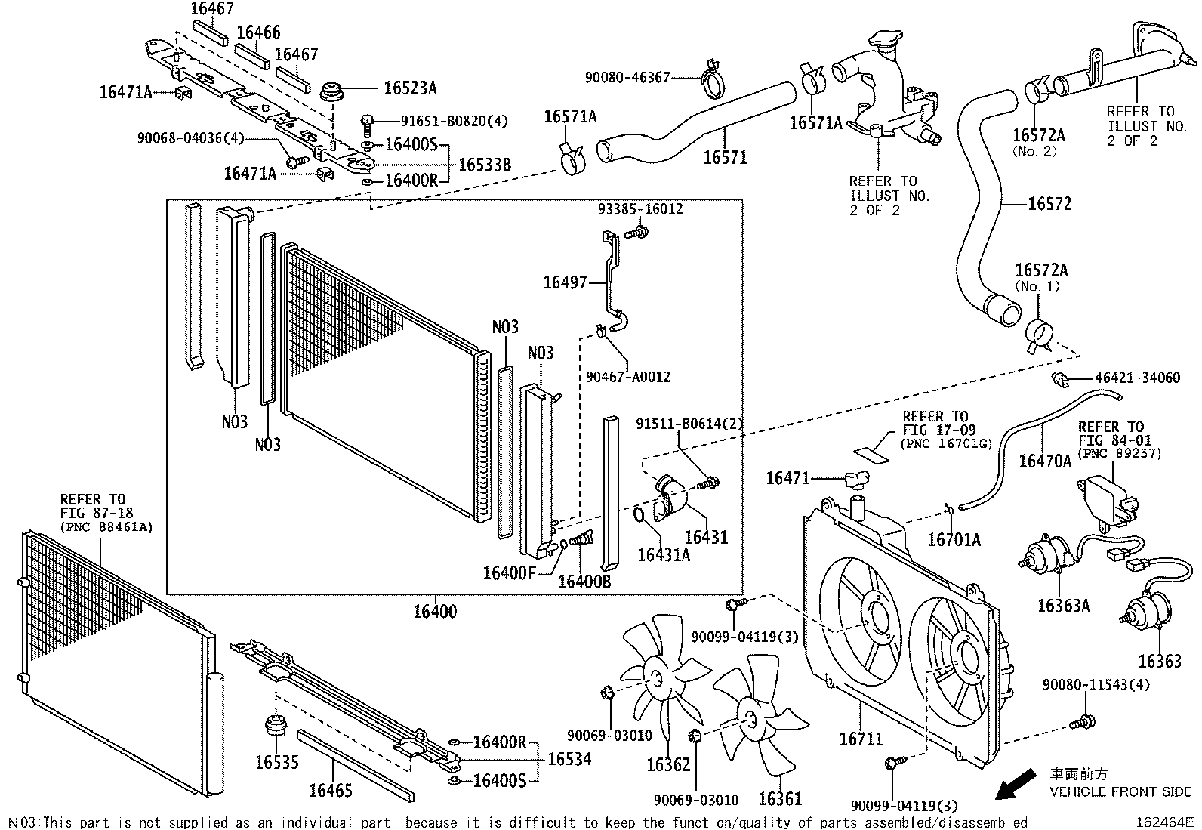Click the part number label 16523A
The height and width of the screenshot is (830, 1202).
[410, 88]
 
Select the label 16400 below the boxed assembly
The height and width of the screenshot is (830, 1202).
[434, 611]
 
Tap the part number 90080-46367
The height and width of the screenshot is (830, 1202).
[627, 77]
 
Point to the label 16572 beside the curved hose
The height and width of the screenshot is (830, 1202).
[1049, 204]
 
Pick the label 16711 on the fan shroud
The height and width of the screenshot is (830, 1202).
[861, 739]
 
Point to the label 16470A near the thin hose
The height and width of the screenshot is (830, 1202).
[1045, 461]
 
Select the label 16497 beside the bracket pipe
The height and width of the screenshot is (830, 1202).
[565, 283]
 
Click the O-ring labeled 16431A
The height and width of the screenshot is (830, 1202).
[638, 516]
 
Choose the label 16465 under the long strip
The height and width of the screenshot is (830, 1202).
[330, 790]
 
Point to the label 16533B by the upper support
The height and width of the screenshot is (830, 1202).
[485, 165]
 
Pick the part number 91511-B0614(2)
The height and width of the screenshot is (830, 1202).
[689, 424]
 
